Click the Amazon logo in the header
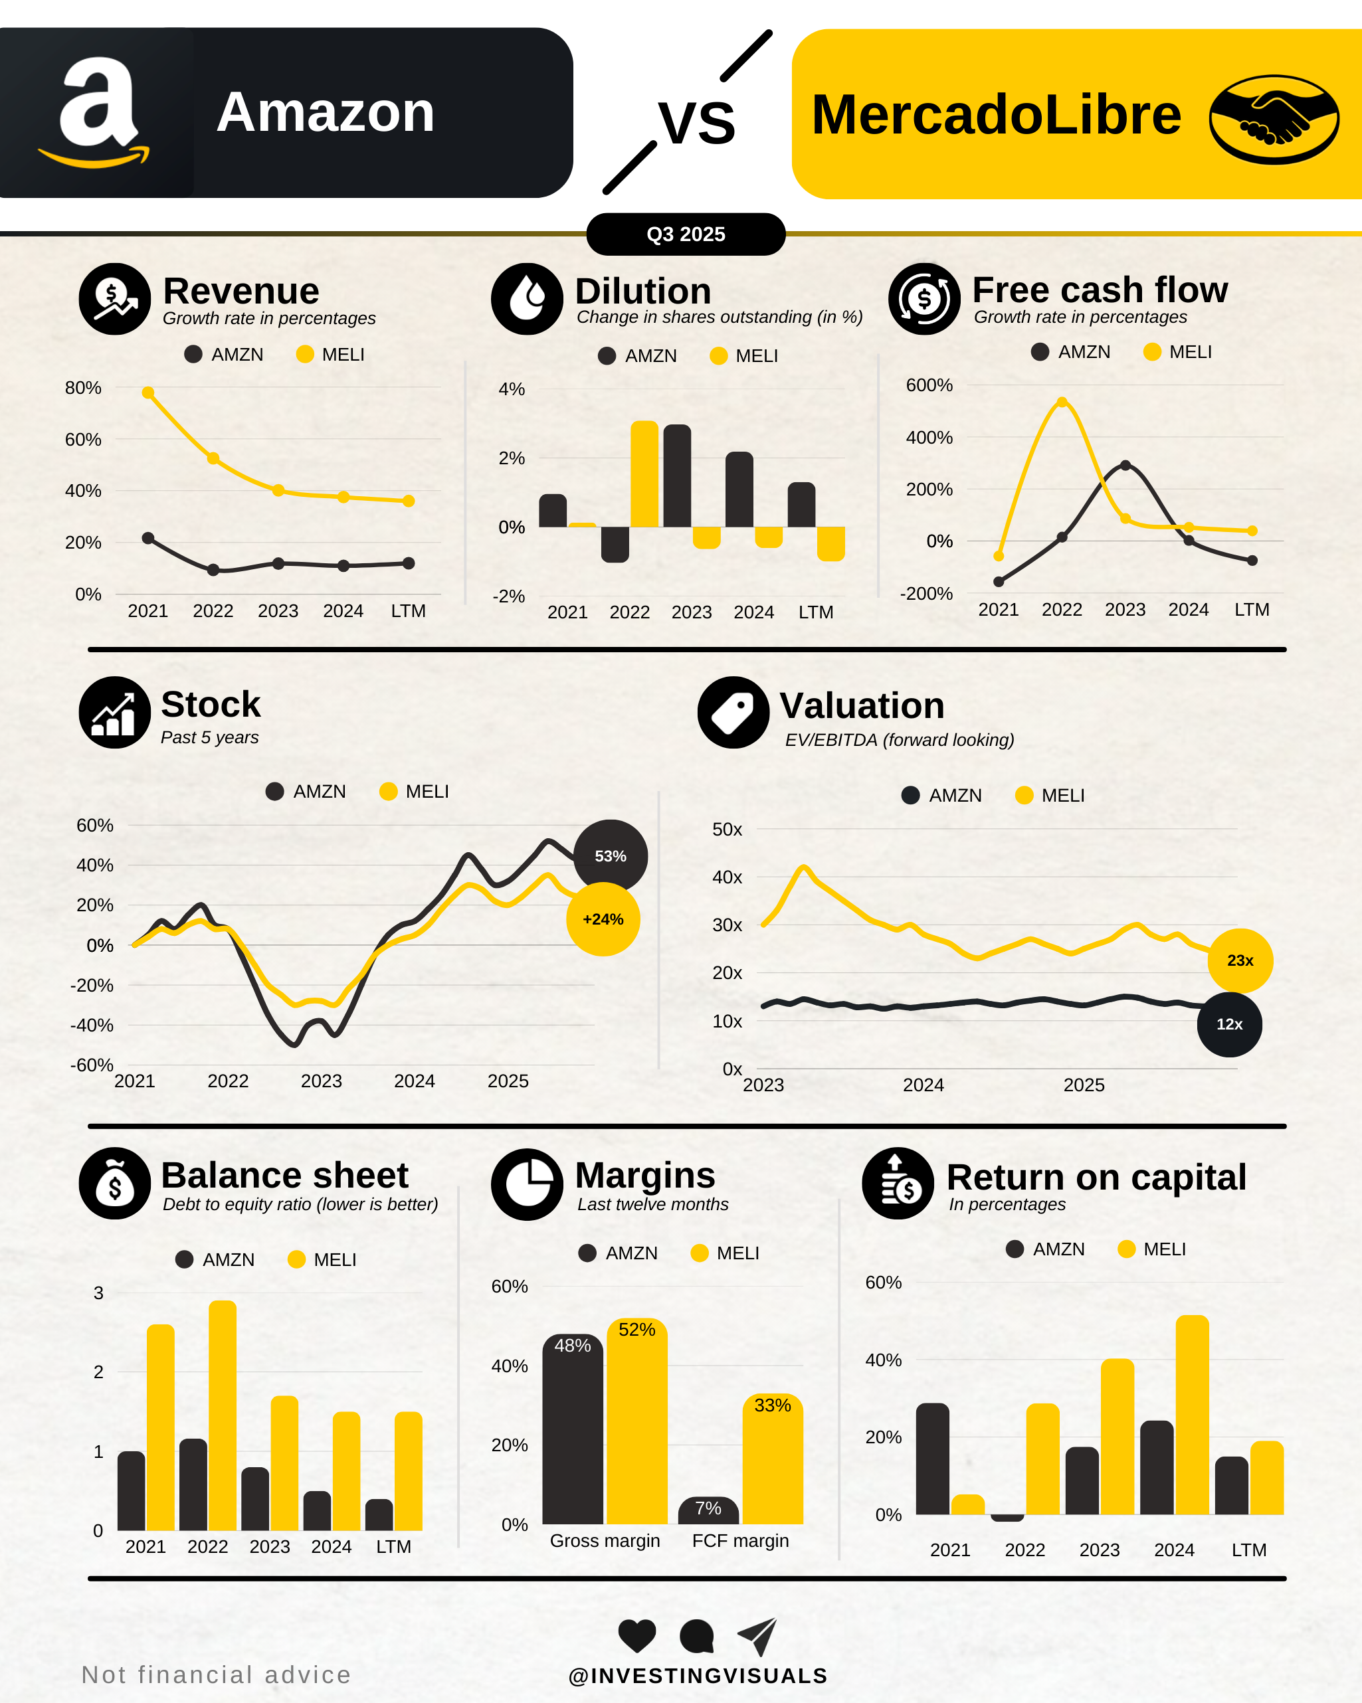pos(96,112)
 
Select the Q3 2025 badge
pos(686,234)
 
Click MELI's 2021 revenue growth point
pos(147,393)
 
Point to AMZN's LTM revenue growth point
pos(409,563)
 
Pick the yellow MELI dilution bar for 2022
pos(644,474)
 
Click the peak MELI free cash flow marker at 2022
pos(1062,402)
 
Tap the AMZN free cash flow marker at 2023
pos(1125,465)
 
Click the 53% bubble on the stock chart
pos(610,856)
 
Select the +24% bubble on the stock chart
pos(603,919)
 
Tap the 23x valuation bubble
pos(1240,960)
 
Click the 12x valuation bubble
pos(1229,1024)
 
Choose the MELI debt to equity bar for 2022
pos(222,1415)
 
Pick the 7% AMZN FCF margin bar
pos(708,1510)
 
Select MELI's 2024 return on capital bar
pos(1191,1415)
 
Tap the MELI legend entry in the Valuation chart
pos(1050,796)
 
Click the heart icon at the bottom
pos(636,1635)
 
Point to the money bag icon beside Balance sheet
pos(114,1183)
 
